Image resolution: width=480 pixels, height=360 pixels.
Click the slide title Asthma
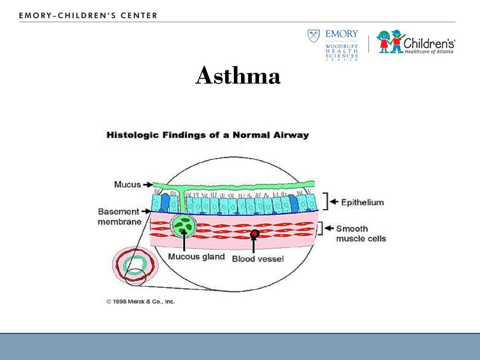tap(238, 76)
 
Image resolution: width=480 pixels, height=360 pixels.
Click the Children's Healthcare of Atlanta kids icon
tap(390, 41)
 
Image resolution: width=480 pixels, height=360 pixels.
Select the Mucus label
tap(127, 184)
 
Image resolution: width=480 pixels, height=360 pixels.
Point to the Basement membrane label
tap(119, 217)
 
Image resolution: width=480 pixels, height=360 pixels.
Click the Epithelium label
tap(362, 202)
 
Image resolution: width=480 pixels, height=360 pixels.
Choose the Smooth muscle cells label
tap(361, 233)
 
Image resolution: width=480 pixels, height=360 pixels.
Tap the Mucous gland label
tap(196, 257)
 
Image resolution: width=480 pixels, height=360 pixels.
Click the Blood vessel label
tap(258, 258)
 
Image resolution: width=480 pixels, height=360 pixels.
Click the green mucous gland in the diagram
tap(184, 225)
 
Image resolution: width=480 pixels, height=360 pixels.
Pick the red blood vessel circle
tap(255, 233)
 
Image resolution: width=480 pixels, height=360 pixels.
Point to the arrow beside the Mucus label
tap(148, 184)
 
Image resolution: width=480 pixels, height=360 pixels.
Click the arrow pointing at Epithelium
tap(334, 202)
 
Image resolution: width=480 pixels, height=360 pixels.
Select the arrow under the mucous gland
tap(184, 244)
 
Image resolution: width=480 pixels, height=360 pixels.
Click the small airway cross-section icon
tap(135, 267)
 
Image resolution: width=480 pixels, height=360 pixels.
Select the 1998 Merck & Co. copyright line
tap(141, 301)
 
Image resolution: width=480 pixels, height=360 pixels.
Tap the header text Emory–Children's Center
tap(89, 15)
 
